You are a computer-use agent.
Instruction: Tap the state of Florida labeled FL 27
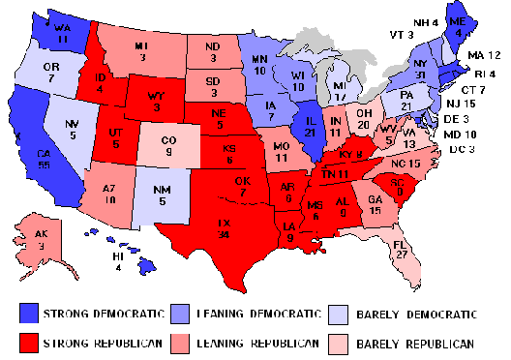397,241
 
